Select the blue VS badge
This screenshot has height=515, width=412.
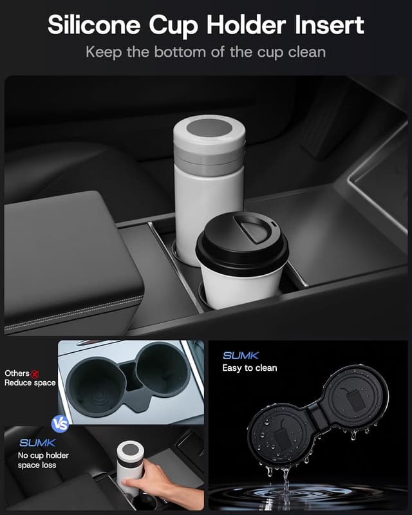pos(59,425)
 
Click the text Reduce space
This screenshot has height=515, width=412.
pos(31,383)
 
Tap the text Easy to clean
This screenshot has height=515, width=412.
pos(250,368)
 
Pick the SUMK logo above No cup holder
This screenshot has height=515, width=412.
pos(37,443)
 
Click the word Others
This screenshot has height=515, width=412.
pos(17,373)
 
